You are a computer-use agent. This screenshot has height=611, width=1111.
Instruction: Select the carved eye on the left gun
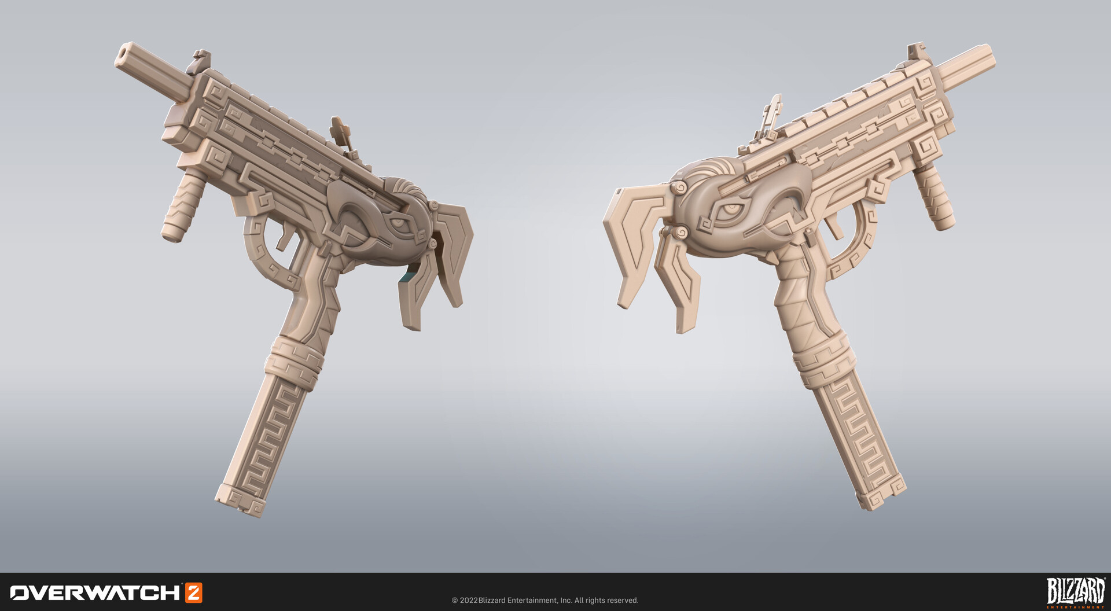pyautogui.click(x=399, y=220)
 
